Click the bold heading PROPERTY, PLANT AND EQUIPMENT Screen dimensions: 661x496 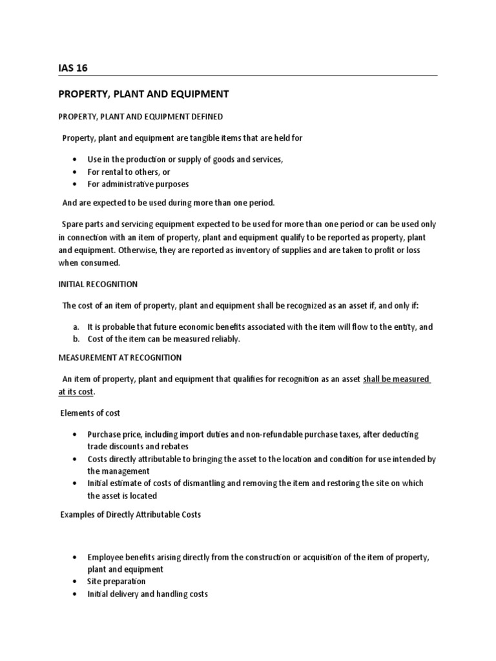pos(143,94)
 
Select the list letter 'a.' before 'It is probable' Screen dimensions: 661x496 pos(76,327)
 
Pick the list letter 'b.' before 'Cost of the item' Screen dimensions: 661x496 pos(76,340)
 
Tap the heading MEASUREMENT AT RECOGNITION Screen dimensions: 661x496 pos(120,358)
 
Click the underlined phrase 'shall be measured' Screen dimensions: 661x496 pos(396,379)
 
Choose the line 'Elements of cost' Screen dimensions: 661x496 pos(90,413)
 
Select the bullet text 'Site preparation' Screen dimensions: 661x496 pos(117,582)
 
